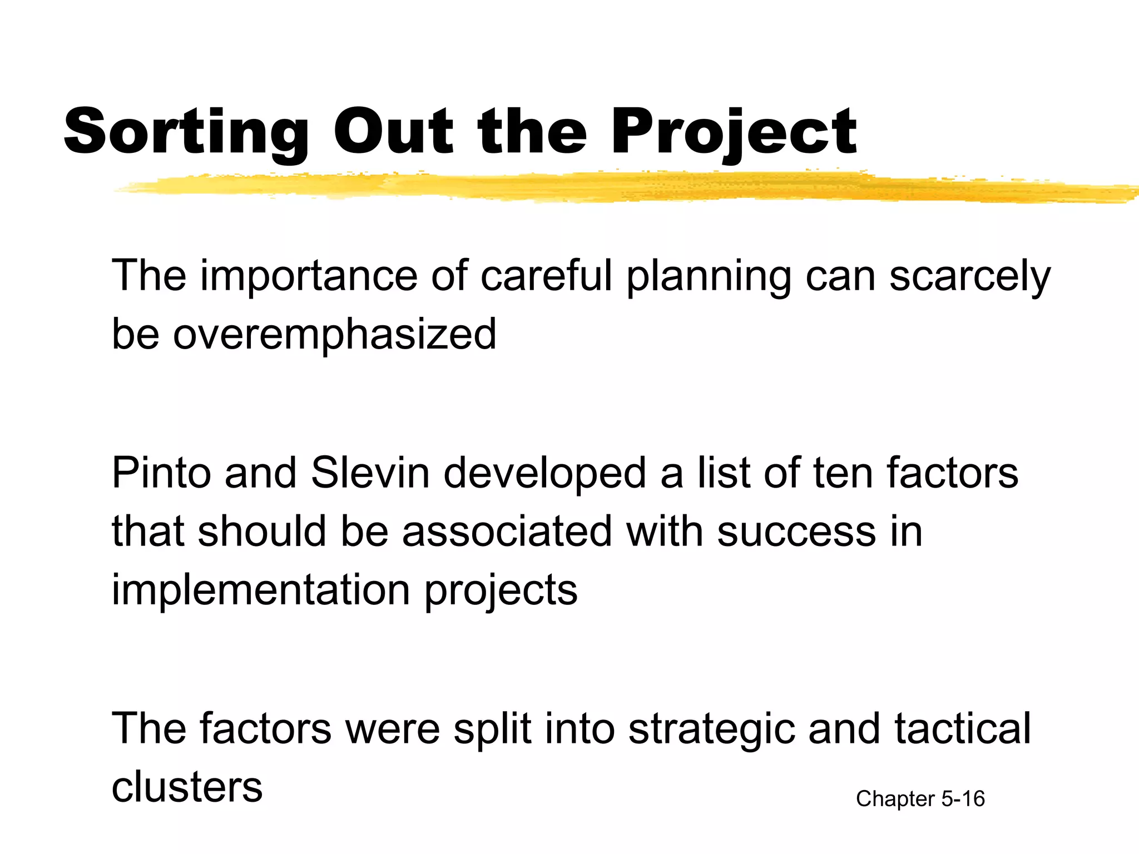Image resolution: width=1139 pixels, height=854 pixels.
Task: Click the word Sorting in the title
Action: pyautogui.click(x=186, y=132)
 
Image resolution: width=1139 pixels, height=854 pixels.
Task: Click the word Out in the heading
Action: pyautogui.click(x=393, y=132)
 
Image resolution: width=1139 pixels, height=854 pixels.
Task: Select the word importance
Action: pyautogui.click(x=309, y=276)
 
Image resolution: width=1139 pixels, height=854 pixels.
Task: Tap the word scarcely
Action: pyautogui.click(x=969, y=276)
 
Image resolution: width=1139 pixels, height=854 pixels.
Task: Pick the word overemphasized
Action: pyautogui.click(x=334, y=335)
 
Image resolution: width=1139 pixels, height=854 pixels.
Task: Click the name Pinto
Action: pyautogui.click(x=161, y=473)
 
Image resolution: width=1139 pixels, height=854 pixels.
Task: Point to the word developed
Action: pyautogui.click(x=545, y=473)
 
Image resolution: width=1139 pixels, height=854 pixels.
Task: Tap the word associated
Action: pyautogui.click(x=507, y=532)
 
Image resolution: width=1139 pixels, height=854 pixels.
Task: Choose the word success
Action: pyautogui.click(x=796, y=532)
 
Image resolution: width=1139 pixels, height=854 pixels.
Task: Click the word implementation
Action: pyautogui.click(x=261, y=590)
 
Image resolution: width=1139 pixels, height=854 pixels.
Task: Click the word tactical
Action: pyautogui.click(x=963, y=728)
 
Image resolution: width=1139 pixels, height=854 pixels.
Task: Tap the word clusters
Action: pyautogui.click(x=187, y=787)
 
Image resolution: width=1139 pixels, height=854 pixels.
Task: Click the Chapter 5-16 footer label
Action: pyautogui.click(x=920, y=799)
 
